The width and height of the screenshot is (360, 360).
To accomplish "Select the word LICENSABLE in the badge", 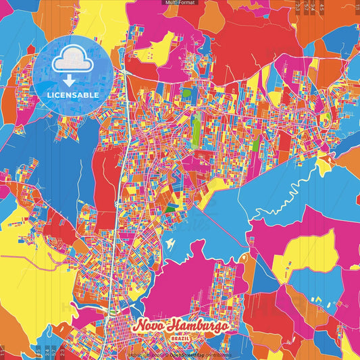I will tap(72, 95).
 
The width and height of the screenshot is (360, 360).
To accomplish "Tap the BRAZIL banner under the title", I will tap(179, 338).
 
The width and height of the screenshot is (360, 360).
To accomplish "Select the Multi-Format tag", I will tap(180, 3).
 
